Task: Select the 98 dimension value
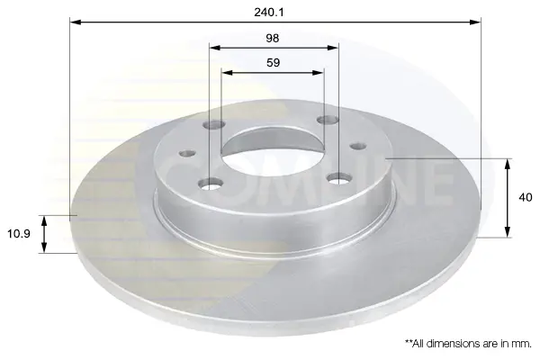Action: [x=273, y=38]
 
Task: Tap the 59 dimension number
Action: [x=273, y=63]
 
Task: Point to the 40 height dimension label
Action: [x=526, y=198]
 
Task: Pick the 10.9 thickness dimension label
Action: [x=19, y=234]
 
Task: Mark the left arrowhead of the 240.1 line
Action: [x=75, y=22]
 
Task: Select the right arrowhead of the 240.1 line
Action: [x=475, y=22]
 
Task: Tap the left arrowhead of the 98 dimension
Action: [x=215, y=48]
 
